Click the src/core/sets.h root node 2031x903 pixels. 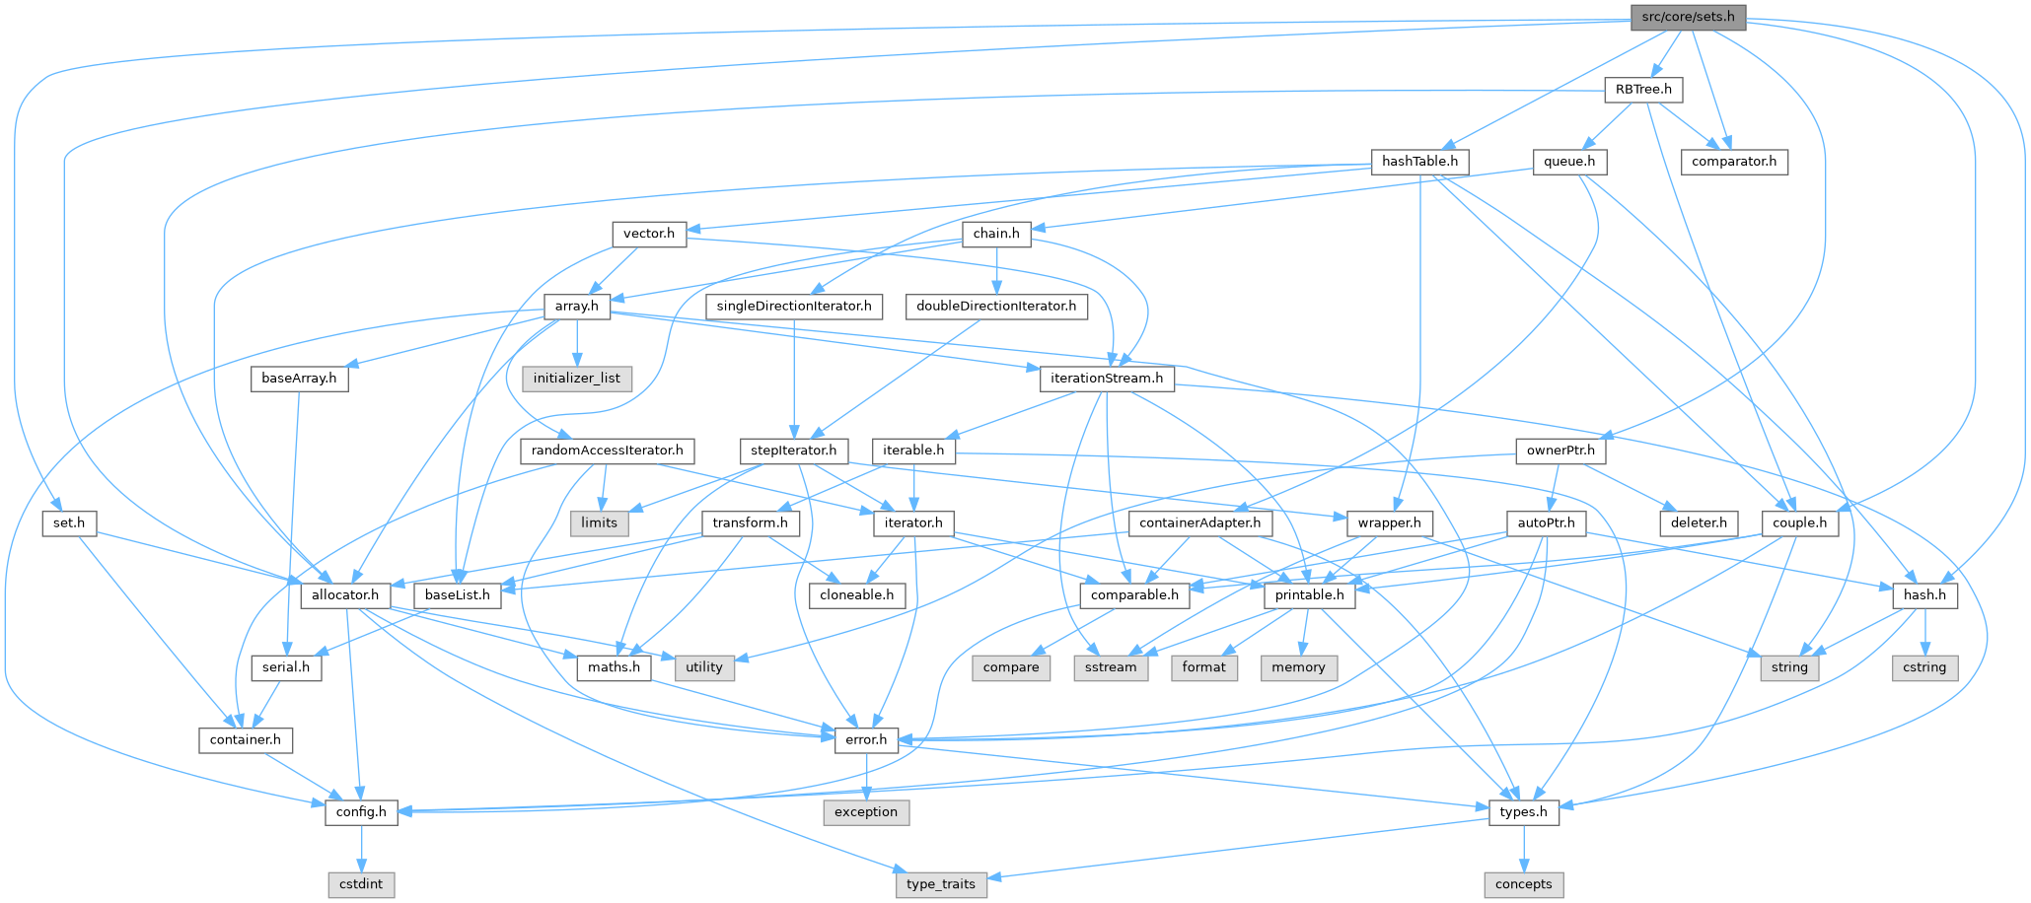click(x=1688, y=17)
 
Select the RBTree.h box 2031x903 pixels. click(x=1643, y=89)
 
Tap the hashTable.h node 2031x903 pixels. click(x=1419, y=161)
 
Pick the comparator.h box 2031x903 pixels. click(x=1734, y=161)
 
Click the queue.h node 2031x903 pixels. click(x=1569, y=161)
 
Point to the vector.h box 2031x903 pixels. click(x=649, y=234)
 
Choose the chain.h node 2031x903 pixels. click(x=996, y=234)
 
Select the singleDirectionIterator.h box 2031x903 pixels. click(x=794, y=306)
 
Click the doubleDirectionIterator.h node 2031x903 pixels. click(x=996, y=306)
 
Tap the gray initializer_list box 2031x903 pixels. click(x=577, y=378)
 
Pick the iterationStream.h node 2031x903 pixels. click(x=1107, y=378)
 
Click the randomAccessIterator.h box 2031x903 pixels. click(x=608, y=451)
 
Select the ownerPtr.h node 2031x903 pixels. click(x=1560, y=451)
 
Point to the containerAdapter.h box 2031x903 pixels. click(x=1199, y=522)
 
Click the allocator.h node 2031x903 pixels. click(x=345, y=594)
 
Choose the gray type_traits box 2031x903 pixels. click(x=940, y=884)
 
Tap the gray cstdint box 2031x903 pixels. click(x=361, y=884)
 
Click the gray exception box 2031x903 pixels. click(x=866, y=812)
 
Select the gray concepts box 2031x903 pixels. click(x=1523, y=884)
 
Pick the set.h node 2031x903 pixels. click(x=69, y=522)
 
